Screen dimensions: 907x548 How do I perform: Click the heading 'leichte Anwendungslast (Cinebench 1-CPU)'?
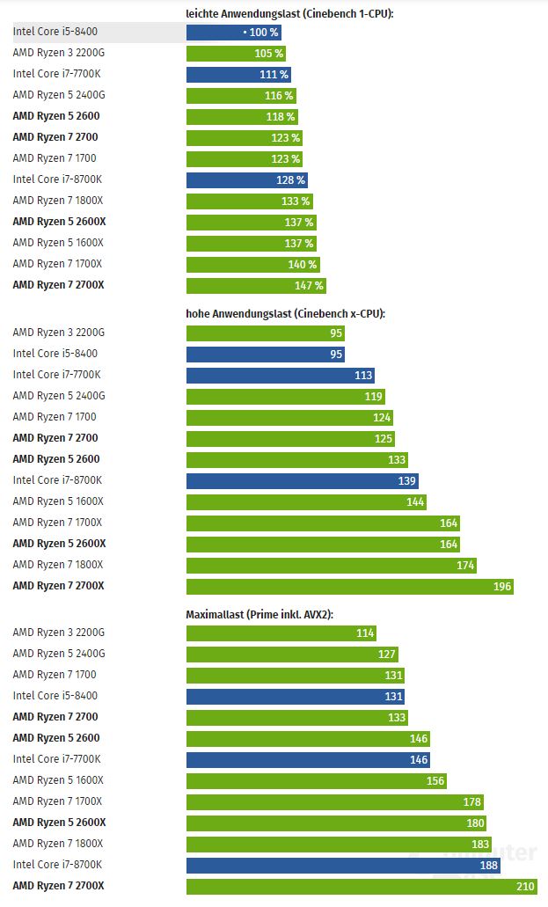289,13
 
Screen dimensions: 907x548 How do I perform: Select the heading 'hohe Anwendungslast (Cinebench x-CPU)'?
286,313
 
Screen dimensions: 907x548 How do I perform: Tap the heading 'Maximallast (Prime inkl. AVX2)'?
259,613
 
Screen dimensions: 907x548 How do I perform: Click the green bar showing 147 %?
256,286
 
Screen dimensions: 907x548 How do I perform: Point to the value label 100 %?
263,33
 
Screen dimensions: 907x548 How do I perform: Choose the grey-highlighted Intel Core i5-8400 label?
55,33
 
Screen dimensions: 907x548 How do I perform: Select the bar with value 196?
349,587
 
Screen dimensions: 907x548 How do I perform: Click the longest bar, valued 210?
362,886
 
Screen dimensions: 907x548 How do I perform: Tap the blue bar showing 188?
343,865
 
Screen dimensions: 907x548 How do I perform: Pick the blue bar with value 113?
280,375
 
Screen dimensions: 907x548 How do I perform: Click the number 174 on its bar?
465,566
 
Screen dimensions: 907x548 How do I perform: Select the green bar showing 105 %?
236,54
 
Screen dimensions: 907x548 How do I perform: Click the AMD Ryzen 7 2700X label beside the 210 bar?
58,886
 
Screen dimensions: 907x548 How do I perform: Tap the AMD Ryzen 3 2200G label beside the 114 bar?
58,633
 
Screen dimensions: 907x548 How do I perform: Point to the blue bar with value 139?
302,481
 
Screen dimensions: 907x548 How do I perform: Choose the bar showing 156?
316,780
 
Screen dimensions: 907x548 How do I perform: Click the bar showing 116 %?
240,96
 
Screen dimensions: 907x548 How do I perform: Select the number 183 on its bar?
479,844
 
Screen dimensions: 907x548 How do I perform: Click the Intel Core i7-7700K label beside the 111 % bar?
56,75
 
